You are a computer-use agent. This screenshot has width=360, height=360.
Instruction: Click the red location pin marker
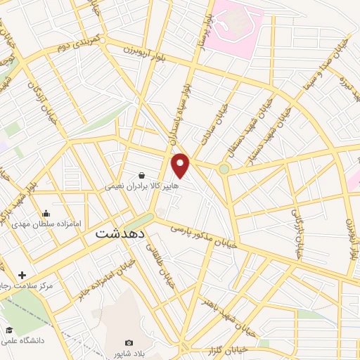[181, 165]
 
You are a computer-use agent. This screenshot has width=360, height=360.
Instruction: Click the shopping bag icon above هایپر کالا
[143, 174]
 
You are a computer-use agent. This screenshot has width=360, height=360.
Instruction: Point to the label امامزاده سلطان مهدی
[47, 224]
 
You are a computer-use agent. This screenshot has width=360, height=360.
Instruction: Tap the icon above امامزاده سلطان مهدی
[46, 213]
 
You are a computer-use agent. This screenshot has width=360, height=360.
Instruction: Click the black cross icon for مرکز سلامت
[22, 275]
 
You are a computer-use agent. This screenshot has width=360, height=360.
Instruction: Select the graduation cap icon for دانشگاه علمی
[9, 330]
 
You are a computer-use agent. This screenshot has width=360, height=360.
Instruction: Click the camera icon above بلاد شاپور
[129, 342]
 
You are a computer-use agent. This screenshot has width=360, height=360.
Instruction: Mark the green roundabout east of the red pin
[224, 169]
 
